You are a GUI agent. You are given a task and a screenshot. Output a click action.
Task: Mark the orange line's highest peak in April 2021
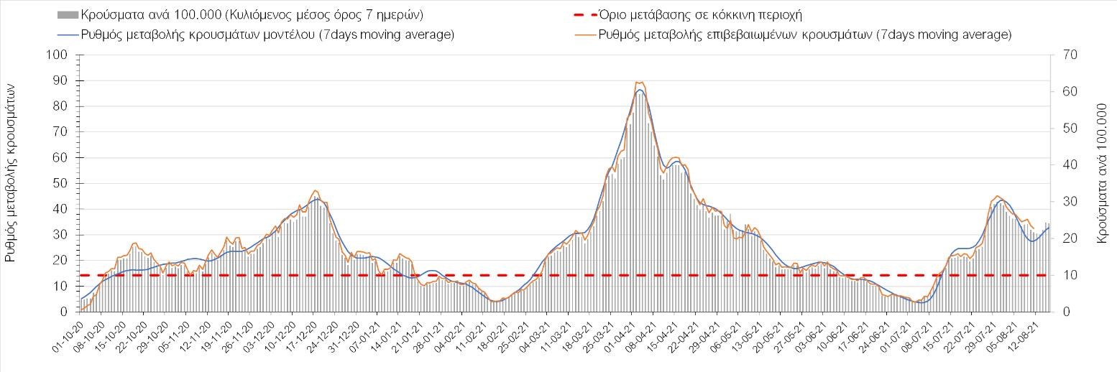click(640, 82)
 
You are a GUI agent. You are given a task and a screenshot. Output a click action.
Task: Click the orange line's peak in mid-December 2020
click(315, 190)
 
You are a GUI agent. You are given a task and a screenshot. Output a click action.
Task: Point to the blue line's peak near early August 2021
click(1003, 201)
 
